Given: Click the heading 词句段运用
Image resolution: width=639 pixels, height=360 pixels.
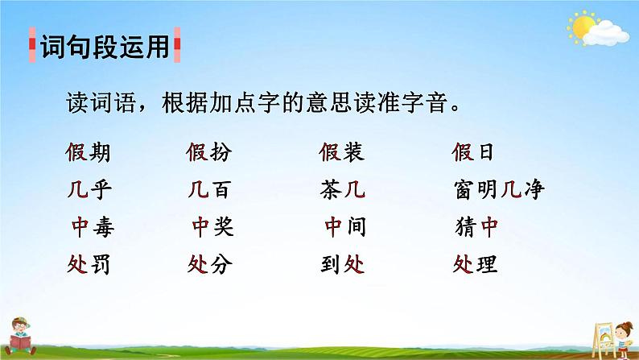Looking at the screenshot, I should pyautogui.click(x=104, y=48).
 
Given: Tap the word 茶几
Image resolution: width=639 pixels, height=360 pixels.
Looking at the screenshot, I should pyautogui.click(x=341, y=190).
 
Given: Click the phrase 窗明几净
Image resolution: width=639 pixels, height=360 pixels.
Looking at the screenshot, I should pyautogui.click(x=499, y=190).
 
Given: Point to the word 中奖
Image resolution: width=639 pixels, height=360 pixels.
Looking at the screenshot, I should pyautogui.click(x=212, y=228).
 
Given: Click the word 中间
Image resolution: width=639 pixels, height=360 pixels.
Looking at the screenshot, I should pyautogui.click(x=345, y=228).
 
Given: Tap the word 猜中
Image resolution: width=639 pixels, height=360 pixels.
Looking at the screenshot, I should pyautogui.click(x=476, y=228).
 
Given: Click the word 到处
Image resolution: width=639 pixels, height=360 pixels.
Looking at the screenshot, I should pyautogui.click(x=341, y=263).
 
